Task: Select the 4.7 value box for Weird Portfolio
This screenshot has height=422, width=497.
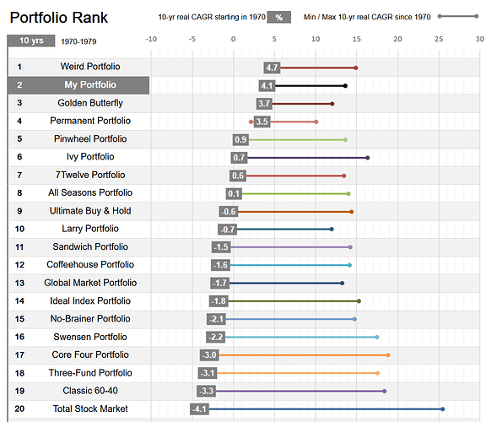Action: (x=271, y=68)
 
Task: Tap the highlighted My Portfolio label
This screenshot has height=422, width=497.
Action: (x=90, y=85)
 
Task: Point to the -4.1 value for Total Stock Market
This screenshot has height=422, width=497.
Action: (x=199, y=409)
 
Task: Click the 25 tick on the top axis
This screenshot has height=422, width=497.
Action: (x=439, y=39)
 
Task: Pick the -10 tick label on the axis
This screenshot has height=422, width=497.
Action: (x=151, y=39)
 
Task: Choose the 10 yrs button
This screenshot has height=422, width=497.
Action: (x=32, y=41)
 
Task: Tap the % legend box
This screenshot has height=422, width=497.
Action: (x=280, y=17)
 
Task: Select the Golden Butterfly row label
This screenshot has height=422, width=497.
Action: (x=90, y=103)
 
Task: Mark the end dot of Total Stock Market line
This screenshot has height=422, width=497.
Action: (x=442, y=409)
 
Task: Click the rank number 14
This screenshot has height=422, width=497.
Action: (x=19, y=301)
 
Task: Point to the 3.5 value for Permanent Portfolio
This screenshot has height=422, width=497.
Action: (x=262, y=122)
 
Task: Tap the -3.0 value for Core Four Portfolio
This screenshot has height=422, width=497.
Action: (x=208, y=355)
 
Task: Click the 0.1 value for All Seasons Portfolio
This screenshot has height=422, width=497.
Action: (x=235, y=193)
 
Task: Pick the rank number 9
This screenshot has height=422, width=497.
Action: (x=19, y=211)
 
